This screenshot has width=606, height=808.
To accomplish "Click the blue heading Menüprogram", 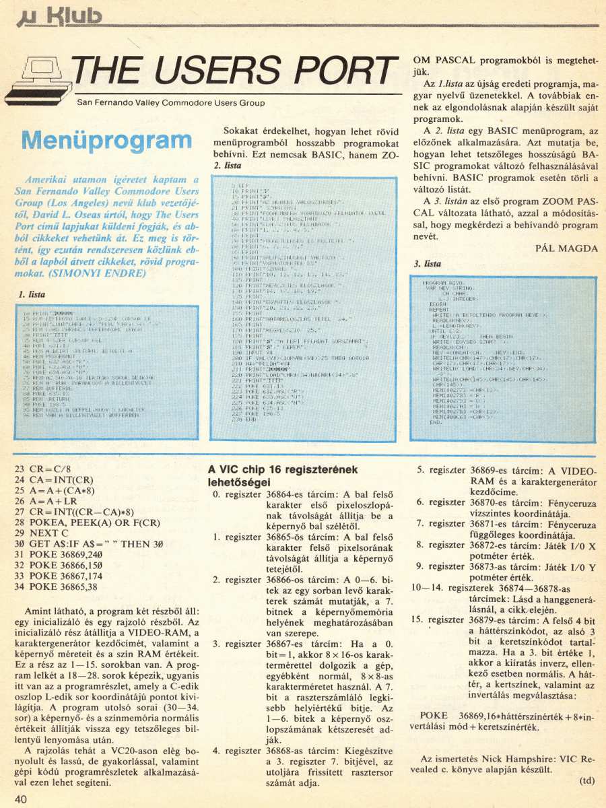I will point(106,141).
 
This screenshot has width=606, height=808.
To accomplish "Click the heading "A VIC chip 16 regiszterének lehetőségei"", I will point(282,476).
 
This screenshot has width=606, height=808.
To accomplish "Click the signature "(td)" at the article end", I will point(587,781).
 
